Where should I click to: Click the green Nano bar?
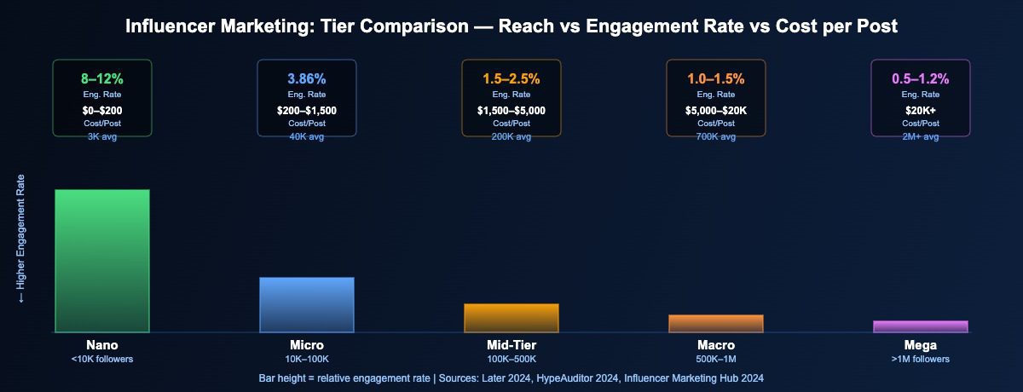click(102, 260)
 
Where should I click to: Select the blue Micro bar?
click(307, 304)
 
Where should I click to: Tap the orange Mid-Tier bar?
click(511, 317)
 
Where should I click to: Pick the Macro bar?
click(716, 323)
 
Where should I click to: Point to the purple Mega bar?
click(921, 326)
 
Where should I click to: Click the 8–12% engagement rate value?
click(102, 78)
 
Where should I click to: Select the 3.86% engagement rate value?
click(307, 78)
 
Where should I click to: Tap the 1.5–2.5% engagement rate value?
click(511, 78)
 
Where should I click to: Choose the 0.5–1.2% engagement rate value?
click(921, 78)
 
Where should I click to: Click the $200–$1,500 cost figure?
click(307, 110)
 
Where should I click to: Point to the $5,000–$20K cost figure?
click(716, 110)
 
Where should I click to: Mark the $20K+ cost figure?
click(921, 110)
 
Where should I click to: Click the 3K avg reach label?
click(102, 136)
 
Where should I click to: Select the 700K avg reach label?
click(716, 136)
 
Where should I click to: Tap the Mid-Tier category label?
click(511, 346)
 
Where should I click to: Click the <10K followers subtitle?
click(102, 360)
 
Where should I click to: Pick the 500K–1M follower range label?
click(716, 360)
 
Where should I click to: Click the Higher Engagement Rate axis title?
click(22, 239)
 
